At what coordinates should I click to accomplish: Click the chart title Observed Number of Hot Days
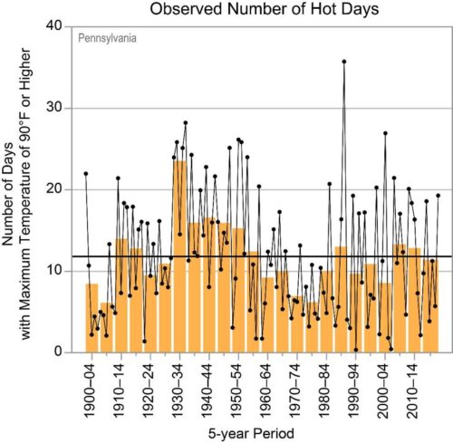[265, 9]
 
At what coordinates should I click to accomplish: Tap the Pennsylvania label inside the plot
[107, 38]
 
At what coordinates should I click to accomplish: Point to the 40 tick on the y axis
[54, 25]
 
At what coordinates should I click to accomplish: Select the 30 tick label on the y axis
[54, 108]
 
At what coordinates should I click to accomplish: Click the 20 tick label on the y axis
[54, 189]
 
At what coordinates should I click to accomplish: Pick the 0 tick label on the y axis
[58, 352]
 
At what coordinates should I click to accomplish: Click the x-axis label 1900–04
[91, 390]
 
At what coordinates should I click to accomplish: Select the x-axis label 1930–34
[178, 390]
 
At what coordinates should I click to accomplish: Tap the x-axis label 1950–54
[236, 390]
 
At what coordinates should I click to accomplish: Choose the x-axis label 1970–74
[295, 390]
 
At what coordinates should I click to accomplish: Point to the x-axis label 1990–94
[354, 390]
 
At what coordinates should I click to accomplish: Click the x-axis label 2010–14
[412, 390]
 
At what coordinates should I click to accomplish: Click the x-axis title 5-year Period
[251, 434]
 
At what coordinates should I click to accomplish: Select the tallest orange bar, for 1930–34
[179, 256]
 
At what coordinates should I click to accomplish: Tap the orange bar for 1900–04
[92, 318]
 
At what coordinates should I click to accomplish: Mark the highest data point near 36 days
[344, 62]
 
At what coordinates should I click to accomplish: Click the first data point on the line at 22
[86, 174]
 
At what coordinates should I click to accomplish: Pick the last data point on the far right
[438, 196]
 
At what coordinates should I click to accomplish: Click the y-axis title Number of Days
[7, 194]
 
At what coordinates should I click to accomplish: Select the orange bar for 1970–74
[297, 324]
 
